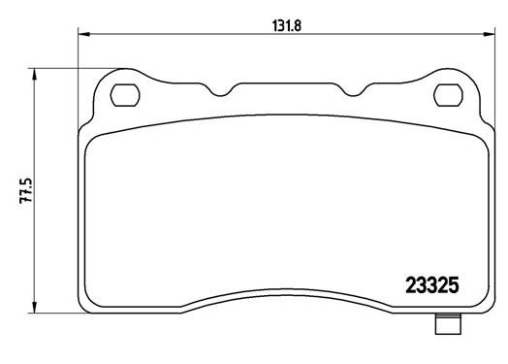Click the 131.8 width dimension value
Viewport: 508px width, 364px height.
point(287,26)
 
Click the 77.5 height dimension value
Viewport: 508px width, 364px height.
point(26,190)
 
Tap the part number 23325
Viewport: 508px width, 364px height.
point(432,285)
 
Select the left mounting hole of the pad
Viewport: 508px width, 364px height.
point(125,95)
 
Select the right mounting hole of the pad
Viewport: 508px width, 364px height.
point(449,95)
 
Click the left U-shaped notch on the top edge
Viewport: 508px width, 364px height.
point(221,91)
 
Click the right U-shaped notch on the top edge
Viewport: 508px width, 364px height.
point(354,91)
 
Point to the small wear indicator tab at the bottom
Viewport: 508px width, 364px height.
point(449,324)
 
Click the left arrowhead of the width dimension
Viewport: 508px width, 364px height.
point(83,34)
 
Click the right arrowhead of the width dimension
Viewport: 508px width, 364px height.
point(490,34)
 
